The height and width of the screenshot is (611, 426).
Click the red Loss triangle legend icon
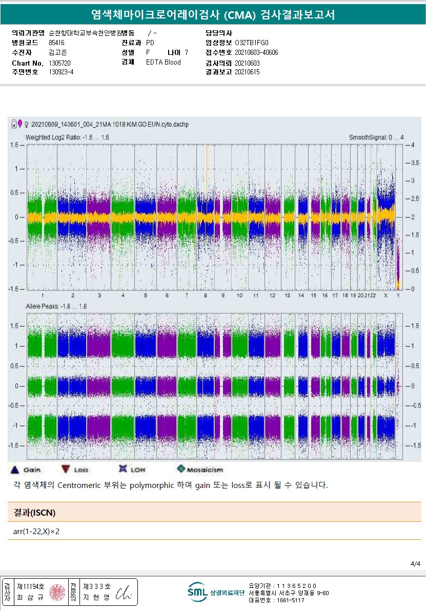(65, 470)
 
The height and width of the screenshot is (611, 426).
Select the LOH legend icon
(123, 469)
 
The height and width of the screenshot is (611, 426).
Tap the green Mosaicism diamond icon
(180, 469)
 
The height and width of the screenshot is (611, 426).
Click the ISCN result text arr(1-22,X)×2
(36, 531)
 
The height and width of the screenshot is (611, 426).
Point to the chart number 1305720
(59, 63)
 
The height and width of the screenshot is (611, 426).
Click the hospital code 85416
(56, 43)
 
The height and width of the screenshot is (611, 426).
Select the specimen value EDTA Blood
(164, 63)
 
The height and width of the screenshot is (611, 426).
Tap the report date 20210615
(247, 72)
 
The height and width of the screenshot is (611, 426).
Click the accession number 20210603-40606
(256, 53)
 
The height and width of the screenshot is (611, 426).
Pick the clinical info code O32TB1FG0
(251, 43)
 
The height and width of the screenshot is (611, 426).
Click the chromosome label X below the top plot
(386, 296)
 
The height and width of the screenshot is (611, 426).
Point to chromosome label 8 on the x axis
(206, 296)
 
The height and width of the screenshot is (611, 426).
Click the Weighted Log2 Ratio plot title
(67, 137)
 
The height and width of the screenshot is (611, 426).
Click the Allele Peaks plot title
(56, 306)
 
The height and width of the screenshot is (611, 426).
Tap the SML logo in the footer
(197, 592)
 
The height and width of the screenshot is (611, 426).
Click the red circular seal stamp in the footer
(57, 592)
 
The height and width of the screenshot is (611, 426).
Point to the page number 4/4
(415, 564)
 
